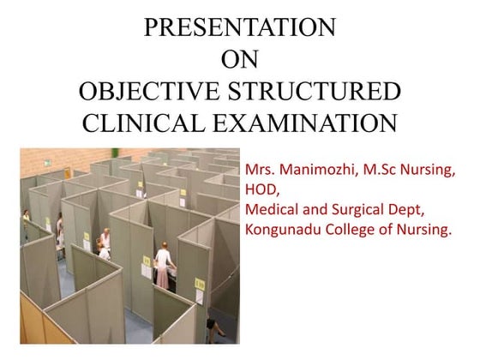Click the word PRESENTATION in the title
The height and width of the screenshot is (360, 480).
point(239,27)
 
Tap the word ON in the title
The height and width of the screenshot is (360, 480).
point(239,59)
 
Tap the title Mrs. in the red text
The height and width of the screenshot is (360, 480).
point(261,171)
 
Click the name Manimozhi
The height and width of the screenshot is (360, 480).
point(321,171)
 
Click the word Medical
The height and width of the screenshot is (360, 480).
point(271,209)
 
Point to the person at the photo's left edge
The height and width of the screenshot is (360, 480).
point(27,227)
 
